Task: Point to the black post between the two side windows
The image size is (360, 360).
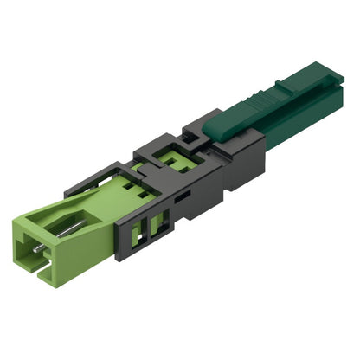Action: (x=146, y=229)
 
